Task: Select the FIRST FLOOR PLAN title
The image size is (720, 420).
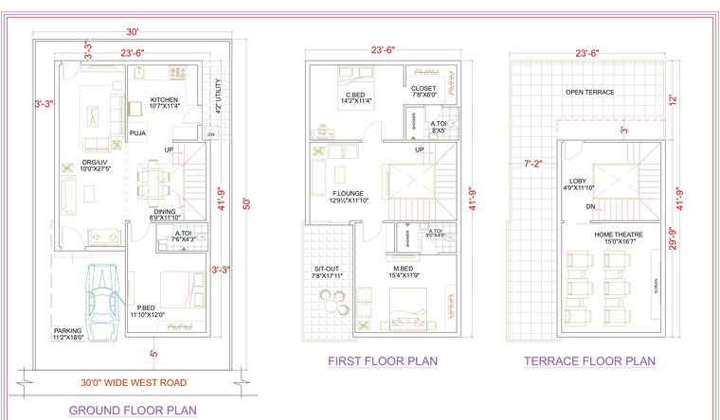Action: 382,360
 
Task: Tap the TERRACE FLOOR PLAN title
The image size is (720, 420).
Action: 590,360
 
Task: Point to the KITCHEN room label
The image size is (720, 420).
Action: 165,99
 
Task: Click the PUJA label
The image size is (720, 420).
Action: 138,134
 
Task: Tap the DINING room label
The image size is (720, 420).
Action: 164,212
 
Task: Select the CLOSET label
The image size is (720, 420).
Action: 423,90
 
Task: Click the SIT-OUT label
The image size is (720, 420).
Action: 327,270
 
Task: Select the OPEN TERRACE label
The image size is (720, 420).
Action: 589,93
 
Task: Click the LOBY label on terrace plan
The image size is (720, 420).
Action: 578,181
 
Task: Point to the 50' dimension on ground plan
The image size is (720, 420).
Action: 246,201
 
